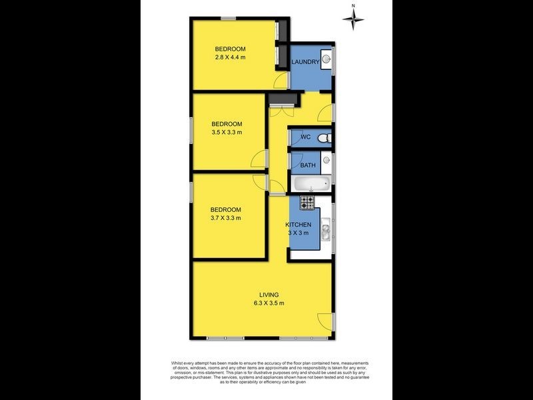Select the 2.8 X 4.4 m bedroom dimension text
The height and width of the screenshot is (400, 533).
(231, 57)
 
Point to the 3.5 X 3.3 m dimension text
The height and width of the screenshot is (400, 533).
(227, 133)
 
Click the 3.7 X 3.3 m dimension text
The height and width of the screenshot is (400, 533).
(225, 217)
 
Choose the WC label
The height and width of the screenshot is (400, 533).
(306, 138)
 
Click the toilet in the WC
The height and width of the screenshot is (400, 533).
(323, 138)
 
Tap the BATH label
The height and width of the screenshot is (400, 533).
(308, 165)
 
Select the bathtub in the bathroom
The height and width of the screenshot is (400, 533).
(310, 184)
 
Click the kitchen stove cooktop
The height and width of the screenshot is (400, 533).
(307, 201)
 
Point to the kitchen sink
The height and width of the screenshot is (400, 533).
(326, 232)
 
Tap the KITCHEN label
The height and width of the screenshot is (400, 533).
(298, 225)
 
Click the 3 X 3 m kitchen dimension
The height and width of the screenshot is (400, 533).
(298, 233)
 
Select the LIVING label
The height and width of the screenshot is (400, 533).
(269, 295)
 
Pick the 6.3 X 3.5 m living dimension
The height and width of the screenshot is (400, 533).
(269, 303)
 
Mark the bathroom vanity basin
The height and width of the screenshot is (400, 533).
(326, 160)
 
